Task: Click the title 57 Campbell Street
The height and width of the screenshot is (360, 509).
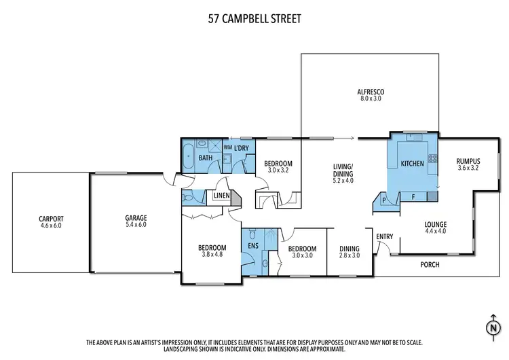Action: coord(254,19)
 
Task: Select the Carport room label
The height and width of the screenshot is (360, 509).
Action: coord(50,221)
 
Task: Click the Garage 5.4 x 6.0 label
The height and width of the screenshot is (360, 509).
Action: coord(136,221)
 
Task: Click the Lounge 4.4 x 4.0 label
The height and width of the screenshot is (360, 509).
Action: coord(434,227)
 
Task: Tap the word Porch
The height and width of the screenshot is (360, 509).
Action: coord(431,265)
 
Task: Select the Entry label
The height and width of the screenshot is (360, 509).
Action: coord(385,236)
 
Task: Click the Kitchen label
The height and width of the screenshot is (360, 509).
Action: coord(413,164)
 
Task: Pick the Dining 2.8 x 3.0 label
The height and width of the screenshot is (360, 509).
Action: coord(350,252)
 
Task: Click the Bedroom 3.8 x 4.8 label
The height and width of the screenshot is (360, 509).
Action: coord(210,251)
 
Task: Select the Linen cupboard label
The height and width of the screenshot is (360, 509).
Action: coord(222,197)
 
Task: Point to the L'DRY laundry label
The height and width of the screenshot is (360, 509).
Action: coord(241,147)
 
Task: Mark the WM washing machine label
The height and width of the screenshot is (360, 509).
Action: coord(227,147)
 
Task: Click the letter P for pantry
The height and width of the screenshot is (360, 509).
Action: coord(383,200)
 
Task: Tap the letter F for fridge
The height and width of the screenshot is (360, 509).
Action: coord(413,197)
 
